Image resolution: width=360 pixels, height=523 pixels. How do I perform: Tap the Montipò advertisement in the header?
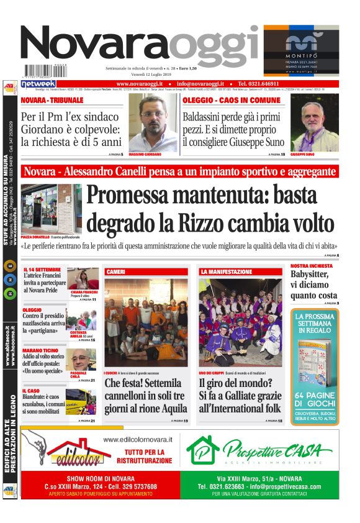click(x=301, y=50)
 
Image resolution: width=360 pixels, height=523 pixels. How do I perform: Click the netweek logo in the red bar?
click(x=38, y=84)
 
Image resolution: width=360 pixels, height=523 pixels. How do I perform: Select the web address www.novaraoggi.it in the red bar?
click(x=140, y=84)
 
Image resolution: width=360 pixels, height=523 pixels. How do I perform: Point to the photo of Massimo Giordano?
click(x=153, y=122)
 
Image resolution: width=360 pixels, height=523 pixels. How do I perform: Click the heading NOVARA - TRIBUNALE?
click(x=52, y=99)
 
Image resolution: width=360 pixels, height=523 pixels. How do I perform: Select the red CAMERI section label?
click(x=116, y=272)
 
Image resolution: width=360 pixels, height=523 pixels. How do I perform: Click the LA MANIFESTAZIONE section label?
click(x=226, y=272)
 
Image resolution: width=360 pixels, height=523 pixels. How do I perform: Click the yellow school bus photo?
click(x=81, y=401)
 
